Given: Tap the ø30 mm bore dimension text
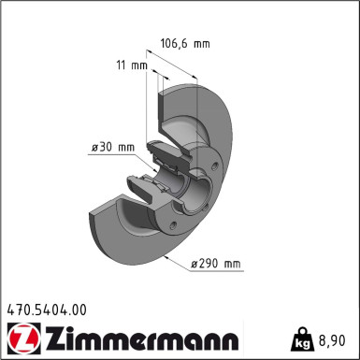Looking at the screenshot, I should [x=112, y=147].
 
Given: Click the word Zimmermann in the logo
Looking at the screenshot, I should [x=136, y=338].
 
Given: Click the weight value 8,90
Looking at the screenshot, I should [x=337, y=338].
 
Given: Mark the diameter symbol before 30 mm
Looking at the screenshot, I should [x=94, y=147].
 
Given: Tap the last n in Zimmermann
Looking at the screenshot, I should [x=231, y=338].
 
